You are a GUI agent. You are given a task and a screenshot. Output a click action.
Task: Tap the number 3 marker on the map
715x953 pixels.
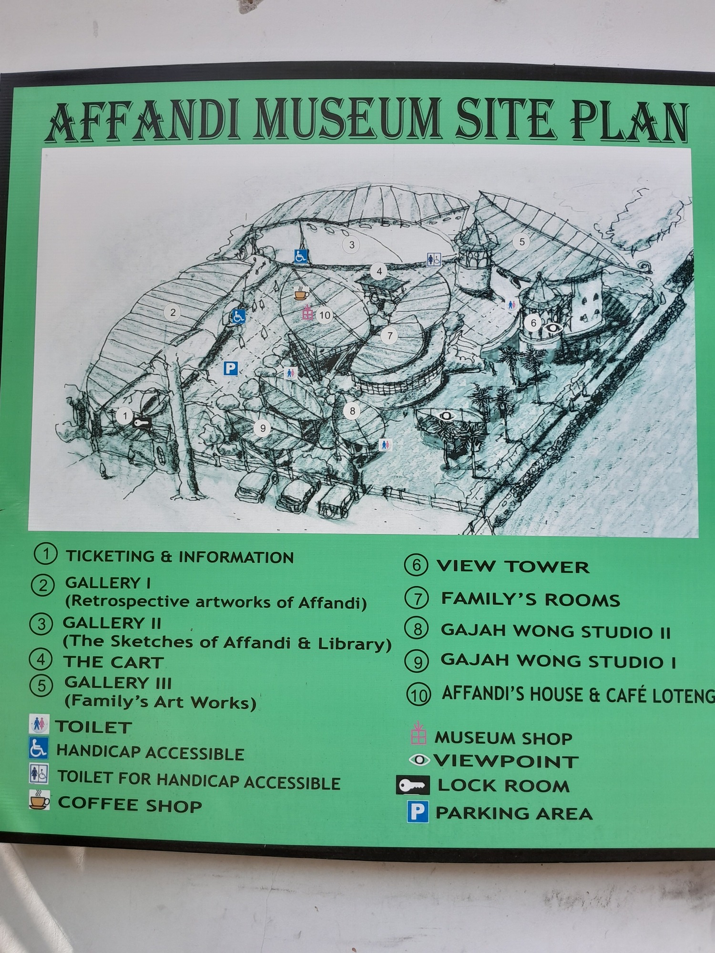coord(352,245)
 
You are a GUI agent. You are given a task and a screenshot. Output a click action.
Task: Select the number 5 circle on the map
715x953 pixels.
coord(521,242)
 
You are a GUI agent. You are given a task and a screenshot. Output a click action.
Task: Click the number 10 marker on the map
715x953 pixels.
coord(325,315)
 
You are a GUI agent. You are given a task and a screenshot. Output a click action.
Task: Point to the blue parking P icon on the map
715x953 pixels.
coord(231,368)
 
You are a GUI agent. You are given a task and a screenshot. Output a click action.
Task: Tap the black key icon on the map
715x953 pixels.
coord(142,422)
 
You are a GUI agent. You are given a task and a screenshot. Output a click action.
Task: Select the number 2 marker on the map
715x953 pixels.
coord(173,313)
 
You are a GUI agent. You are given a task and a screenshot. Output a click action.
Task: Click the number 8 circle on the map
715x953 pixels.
coord(352,411)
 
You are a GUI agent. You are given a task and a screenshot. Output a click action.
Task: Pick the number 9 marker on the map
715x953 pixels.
coord(262,428)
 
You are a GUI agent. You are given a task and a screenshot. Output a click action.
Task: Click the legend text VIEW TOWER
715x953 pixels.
coord(513,567)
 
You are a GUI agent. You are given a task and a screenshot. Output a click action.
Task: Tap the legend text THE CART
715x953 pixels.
coord(113,662)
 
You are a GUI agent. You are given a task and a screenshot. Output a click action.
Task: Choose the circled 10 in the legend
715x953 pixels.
coord(419,695)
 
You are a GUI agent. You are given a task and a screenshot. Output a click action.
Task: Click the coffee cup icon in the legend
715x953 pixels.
coord(39,800)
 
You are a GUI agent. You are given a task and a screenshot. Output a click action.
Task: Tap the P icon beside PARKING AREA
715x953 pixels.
coord(418,812)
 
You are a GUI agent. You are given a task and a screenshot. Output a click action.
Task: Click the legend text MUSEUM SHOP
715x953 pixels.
coord(503,738)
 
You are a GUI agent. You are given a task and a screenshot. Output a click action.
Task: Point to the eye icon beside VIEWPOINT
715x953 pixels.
coord(419,760)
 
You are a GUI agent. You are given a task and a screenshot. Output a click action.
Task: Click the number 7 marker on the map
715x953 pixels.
coord(389,336)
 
